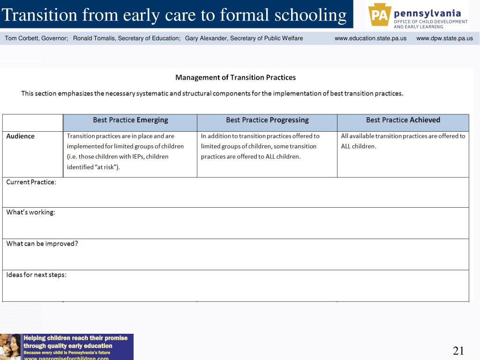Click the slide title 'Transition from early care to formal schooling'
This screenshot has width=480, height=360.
click(x=174, y=15)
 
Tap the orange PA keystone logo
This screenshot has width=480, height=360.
click(x=379, y=15)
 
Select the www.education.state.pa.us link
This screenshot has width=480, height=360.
click(x=370, y=38)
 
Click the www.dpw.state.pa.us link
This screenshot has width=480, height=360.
click(x=444, y=38)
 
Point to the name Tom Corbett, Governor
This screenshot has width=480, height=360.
click(x=37, y=38)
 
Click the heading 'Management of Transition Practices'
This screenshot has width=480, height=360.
click(x=235, y=77)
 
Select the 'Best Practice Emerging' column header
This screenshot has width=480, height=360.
click(x=130, y=120)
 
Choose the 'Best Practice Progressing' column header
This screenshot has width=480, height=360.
click(x=267, y=120)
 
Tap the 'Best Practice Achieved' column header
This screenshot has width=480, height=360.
click(x=403, y=120)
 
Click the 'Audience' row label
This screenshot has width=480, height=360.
click(x=20, y=136)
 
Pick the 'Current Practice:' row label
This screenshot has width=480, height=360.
click(x=31, y=182)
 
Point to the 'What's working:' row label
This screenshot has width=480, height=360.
click(x=30, y=212)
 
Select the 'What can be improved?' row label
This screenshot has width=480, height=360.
click(x=42, y=244)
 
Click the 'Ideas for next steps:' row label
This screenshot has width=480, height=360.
click(x=36, y=275)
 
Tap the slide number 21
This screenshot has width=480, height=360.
click(x=458, y=351)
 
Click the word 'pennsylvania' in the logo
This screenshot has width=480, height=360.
click(x=427, y=13)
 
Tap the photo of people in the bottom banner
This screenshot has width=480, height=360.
click(x=11, y=347)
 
